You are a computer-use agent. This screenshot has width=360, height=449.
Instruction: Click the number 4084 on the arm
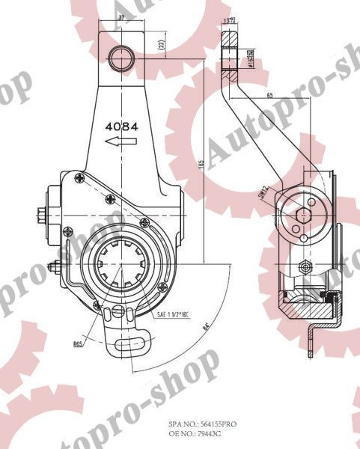click(122, 126)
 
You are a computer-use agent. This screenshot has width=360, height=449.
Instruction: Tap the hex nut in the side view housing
click(305, 268)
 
